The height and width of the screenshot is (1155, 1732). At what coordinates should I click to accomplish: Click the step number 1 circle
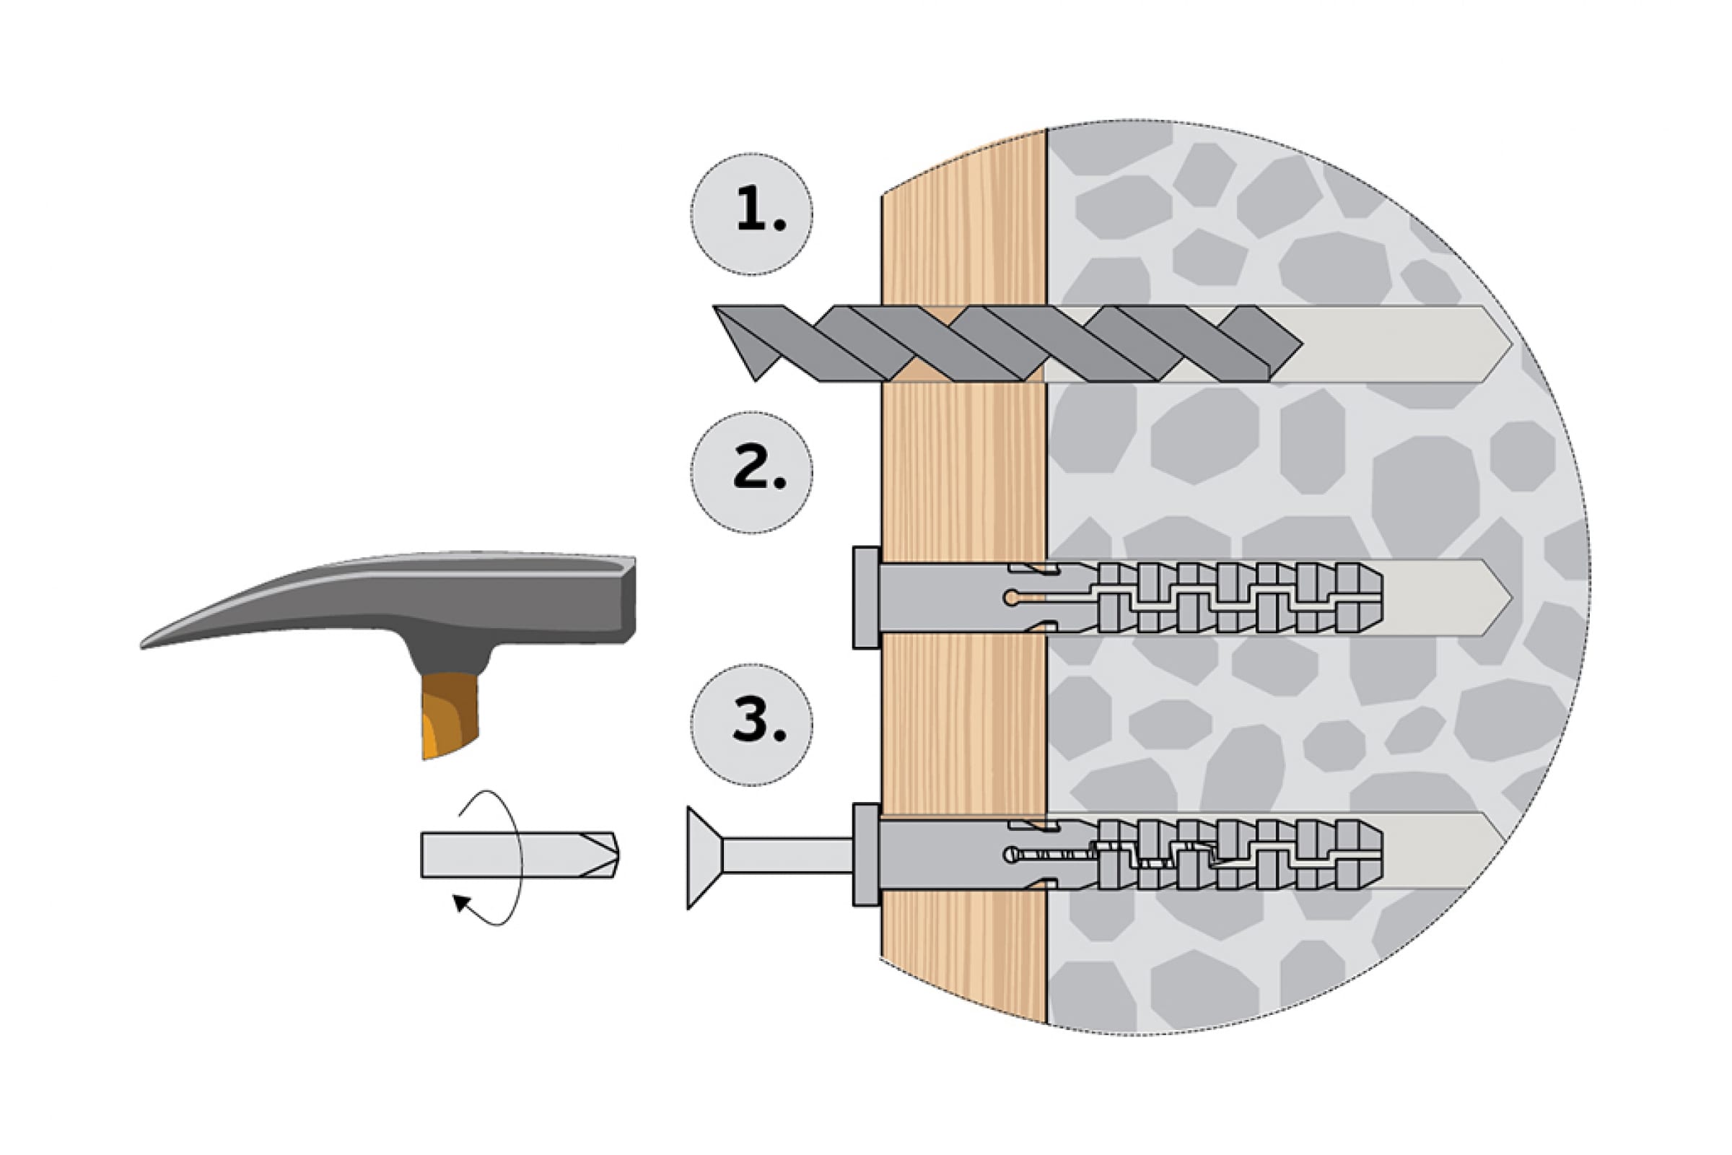click(x=752, y=214)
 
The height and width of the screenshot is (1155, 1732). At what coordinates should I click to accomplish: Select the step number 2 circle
click(x=752, y=472)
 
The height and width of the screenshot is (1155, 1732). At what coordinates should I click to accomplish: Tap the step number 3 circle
click(x=752, y=725)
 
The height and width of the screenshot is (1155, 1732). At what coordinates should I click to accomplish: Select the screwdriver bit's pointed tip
click(x=617, y=855)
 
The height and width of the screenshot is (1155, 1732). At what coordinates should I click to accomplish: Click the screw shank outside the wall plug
click(x=787, y=855)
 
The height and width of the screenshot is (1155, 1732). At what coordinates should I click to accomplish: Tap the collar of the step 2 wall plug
click(x=866, y=598)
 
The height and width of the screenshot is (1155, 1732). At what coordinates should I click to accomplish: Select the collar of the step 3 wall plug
click(x=866, y=855)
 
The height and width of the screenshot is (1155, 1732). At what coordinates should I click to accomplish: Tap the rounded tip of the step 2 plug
click(x=1374, y=598)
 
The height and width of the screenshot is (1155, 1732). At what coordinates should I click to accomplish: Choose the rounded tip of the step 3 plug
click(x=1374, y=855)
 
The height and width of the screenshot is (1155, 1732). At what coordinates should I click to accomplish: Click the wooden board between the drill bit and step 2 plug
click(x=963, y=471)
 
